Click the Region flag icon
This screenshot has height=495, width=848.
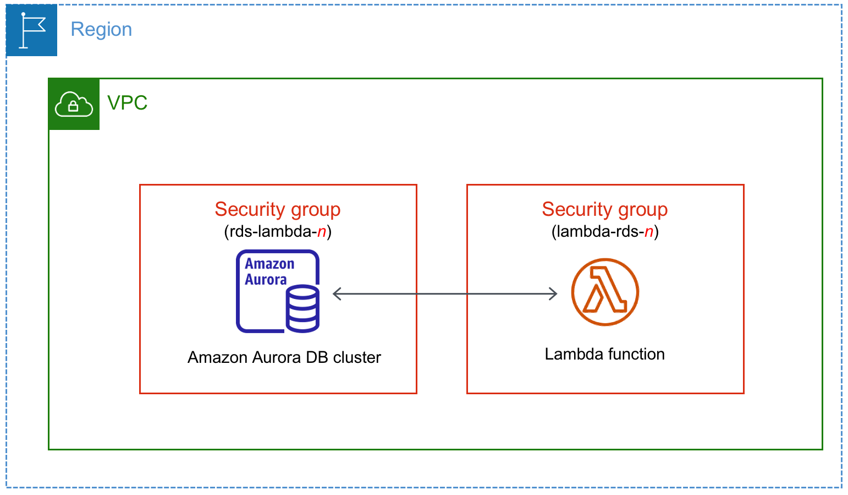point(31,30)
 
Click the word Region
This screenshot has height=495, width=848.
point(101,29)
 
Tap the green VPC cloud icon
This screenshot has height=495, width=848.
point(74,104)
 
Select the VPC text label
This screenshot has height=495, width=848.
point(127,103)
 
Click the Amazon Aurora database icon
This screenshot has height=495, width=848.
point(278,291)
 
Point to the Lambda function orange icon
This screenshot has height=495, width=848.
point(604,292)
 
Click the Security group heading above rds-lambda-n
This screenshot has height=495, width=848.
point(278,209)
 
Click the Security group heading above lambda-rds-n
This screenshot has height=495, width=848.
point(604,209)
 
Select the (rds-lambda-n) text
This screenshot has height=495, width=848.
point(278,231)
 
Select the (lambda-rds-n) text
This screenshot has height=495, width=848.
point(604,231)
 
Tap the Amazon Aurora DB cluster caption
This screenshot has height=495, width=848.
point(284,357)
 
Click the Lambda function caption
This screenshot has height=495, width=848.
point(604,354)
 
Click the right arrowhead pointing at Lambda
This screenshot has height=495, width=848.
point(553,294)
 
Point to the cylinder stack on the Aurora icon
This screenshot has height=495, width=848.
point(302,309)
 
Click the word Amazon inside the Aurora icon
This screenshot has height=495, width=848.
point(269,264)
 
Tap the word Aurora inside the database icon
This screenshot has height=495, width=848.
point(266,280)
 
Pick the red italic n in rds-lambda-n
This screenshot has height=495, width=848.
point(322,232)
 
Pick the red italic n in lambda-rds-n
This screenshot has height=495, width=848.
point(649,232)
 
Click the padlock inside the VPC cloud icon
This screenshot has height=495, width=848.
point(73,107)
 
